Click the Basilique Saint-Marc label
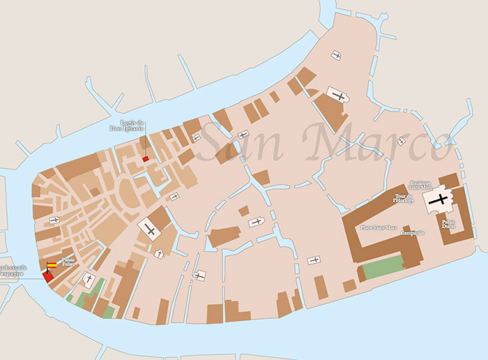421,185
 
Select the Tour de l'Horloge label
404,198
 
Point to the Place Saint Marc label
375,227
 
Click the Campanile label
413,232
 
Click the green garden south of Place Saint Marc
383,267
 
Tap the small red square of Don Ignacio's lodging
146,159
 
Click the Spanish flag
52,265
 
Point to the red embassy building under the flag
47,276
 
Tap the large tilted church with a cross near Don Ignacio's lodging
148,229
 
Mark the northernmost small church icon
337,55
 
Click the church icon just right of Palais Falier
89,280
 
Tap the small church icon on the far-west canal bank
54,220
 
